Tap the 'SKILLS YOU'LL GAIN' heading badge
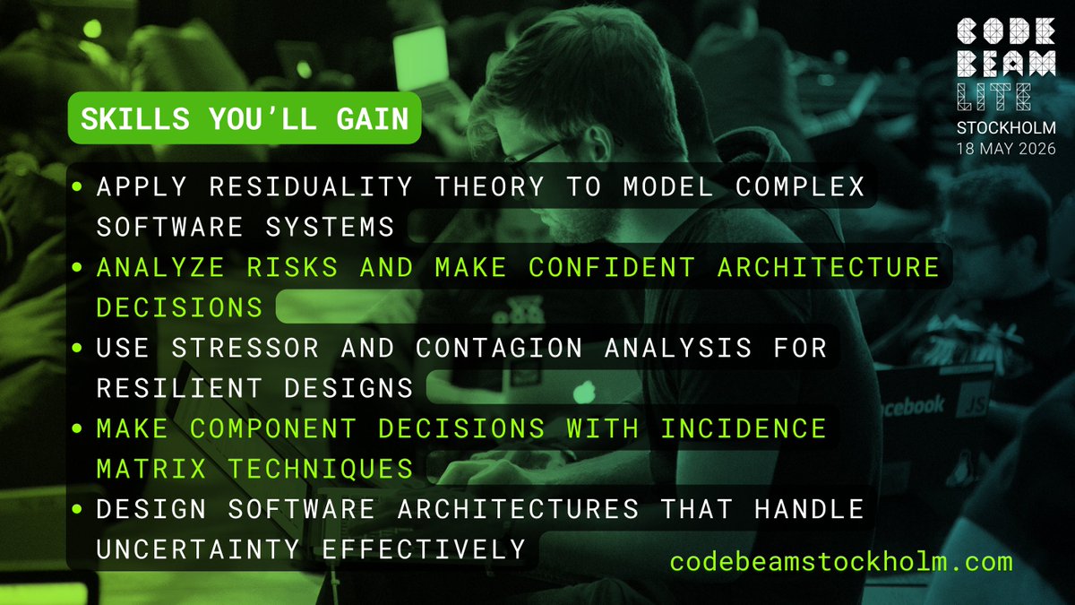click(245, 118)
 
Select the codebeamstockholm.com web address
click(841, 562)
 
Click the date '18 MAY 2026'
click(1004, 146)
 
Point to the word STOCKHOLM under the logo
click(1006, 127)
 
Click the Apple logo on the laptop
click(583, 392)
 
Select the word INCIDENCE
click(743, 428)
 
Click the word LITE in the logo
click(995, 96)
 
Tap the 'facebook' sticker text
click(911, 406)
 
